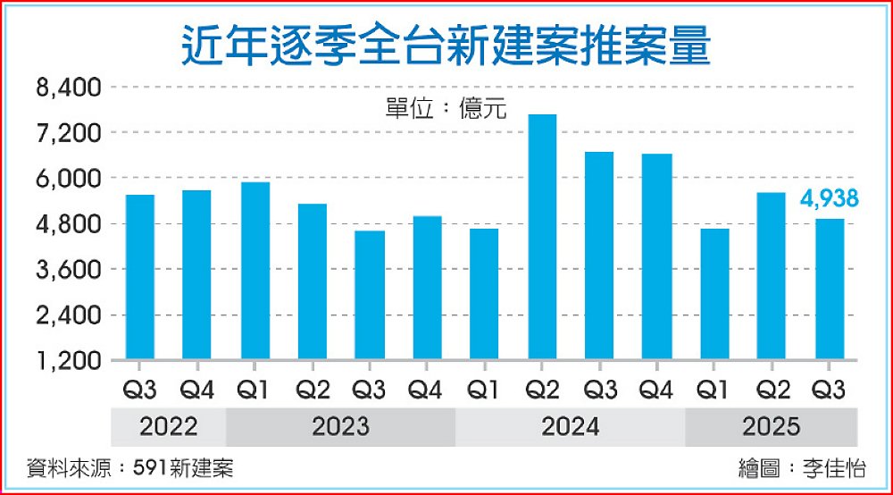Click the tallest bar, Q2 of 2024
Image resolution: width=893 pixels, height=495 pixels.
tap(542, 237)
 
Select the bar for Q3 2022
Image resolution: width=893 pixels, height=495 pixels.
tap(139, 277)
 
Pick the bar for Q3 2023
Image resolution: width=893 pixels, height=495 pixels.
tap(370, 295)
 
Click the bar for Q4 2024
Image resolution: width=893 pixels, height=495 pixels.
tap(656, 256)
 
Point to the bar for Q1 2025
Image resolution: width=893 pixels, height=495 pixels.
tap(714, 294)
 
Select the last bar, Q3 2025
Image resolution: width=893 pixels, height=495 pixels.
tap(829, 289)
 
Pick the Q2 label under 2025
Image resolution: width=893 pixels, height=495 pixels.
tap(771, 390)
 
